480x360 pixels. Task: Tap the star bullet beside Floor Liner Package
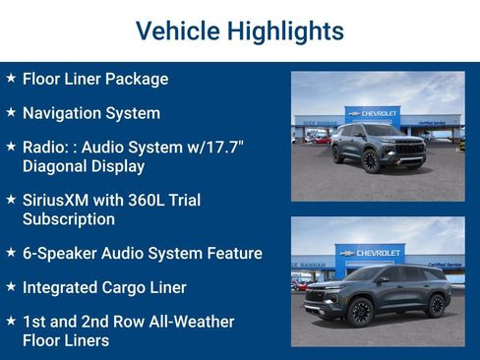(11, 78)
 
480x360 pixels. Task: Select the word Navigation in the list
(63, 113)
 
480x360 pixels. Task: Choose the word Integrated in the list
(62, 287)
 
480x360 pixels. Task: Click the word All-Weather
(188, 322)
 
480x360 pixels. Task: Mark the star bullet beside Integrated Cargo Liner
(11, 286)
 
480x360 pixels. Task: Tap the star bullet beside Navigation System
(11, 112)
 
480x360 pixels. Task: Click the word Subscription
(69, 219)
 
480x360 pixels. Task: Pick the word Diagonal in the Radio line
(59, 166)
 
